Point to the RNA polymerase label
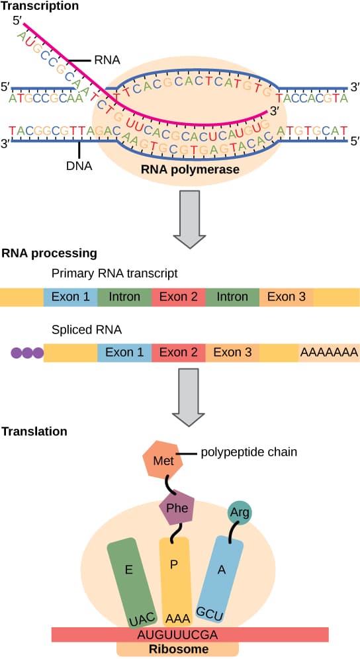tap(189, 170)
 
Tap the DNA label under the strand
tap(79, 167)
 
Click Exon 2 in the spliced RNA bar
tap(179, 353)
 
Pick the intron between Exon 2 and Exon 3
tap(232, 297)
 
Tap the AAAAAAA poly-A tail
tap(329, 353)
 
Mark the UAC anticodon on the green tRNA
tap(141, 617)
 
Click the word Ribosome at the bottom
tap(177, 649)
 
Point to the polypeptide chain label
tap(248, 453)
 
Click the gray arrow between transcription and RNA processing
tap(189, 218)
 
